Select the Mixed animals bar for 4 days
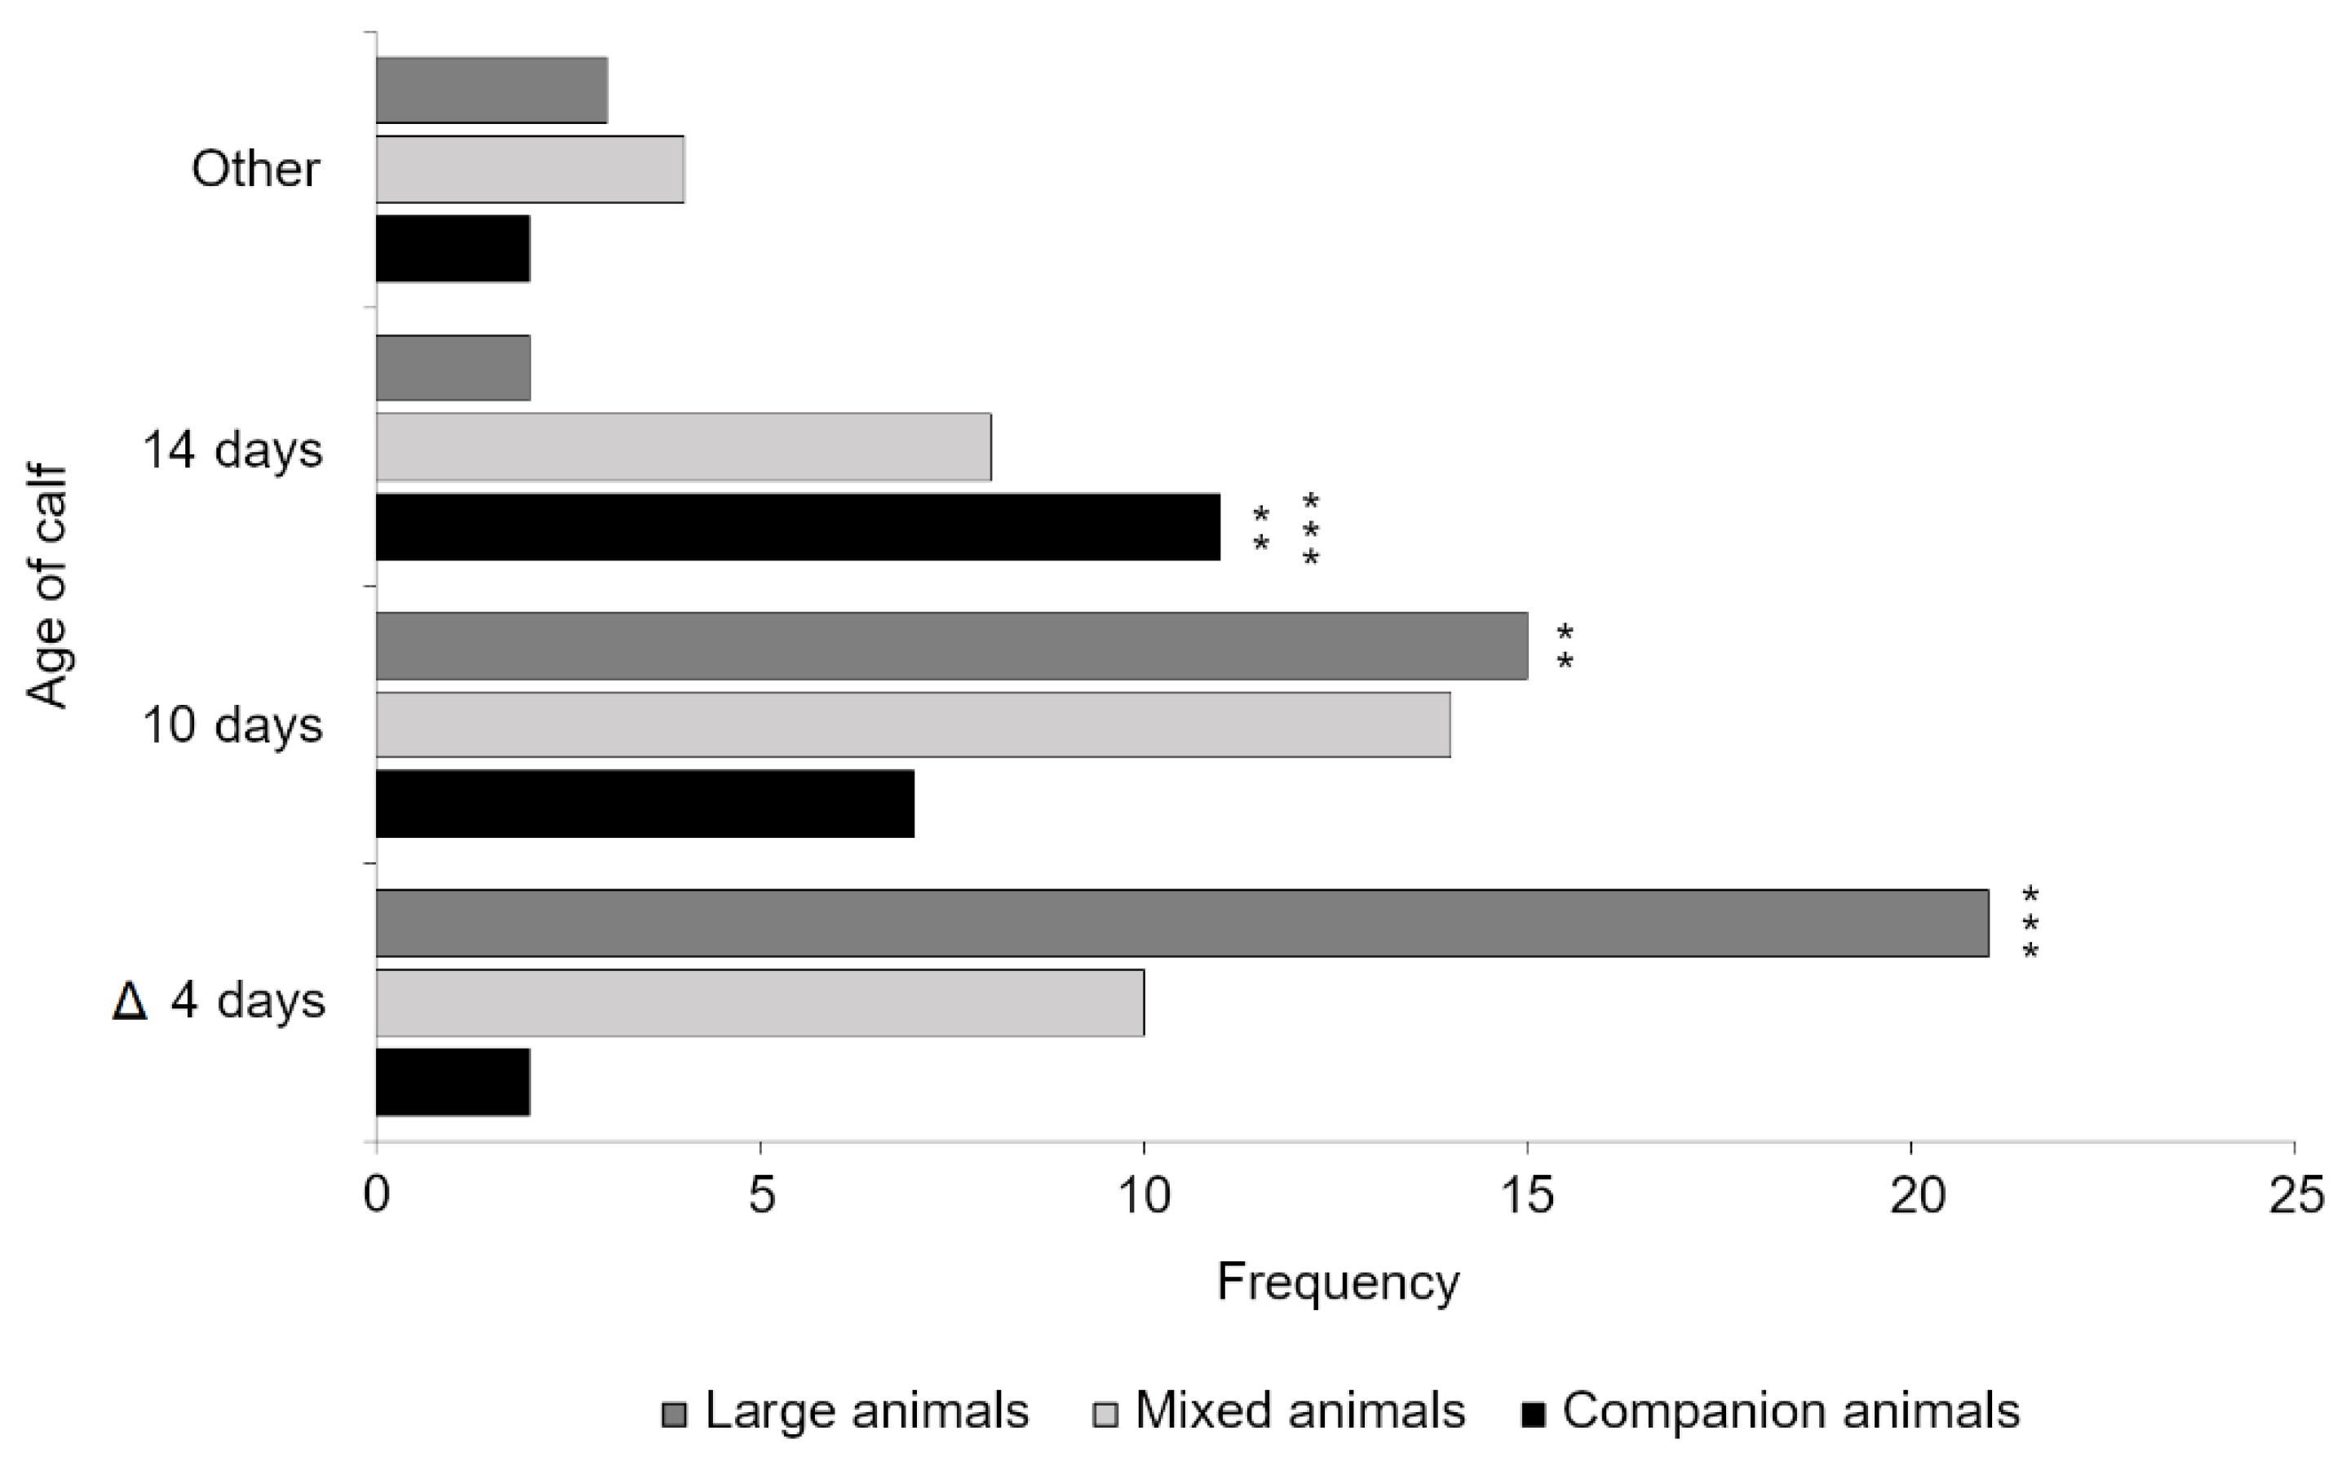tap(759, 1003)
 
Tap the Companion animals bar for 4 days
tap(453, 1082)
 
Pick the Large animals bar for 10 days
tap(951, 646)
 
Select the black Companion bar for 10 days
tap(644, 804)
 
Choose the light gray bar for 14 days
tap(683, 447)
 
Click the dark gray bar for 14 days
tap(453, 367)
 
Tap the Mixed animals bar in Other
tap(529, 170)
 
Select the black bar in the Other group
tap(453, 249)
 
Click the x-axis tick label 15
tap(1527, 1197)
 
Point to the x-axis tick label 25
tap(2295, 1197)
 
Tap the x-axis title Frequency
tap(1337, 1282)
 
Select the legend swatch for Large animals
tap(674, 1415)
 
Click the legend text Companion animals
tap(1791, 1411)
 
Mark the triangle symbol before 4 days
tap(129, 1001)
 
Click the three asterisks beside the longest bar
tap(2030, 923)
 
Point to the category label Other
tap(255, 170)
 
